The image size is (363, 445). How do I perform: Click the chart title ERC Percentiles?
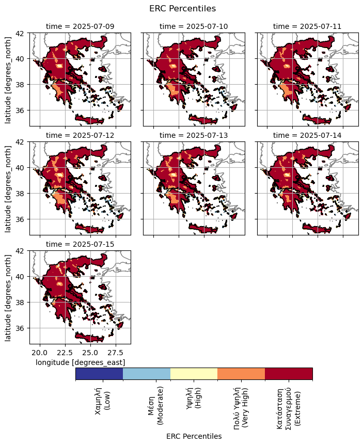pyautogui.click(x=182, y=9)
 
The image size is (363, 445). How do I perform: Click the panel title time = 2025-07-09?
pyautogui.click(x=80, y=26)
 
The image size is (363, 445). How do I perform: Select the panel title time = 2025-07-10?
pyautogui.click(x=194, y=26)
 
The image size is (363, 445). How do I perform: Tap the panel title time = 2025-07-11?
pyautogui.click(x=307, y=26)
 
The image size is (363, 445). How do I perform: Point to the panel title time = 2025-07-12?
pyautogui.click(x=80, y=135)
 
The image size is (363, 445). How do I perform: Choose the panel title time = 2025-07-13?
pyautogui.click(x=194, y=135)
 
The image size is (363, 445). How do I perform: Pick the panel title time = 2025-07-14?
pyautogui.click(x=307, y=135)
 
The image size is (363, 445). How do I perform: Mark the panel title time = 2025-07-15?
pyautogui.click(x=80, y=244)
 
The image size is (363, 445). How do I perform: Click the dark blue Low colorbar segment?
pyautogui.click(x=99, y=374)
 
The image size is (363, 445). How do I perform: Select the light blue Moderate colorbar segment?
pyautogui.click(x=147, y=374)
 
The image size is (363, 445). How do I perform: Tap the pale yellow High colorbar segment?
pyautogui.click(x=194, y=374)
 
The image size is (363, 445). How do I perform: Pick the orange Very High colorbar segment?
pyautogui.click(x=241, y=374)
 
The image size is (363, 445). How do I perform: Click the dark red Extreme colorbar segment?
pyautogui.click(x=289, y=374)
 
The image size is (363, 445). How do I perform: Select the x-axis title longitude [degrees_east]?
pyautogui.click(x=80, y=362)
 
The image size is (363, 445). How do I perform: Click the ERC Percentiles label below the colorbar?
pyautogui.click(x=194, y=436)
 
